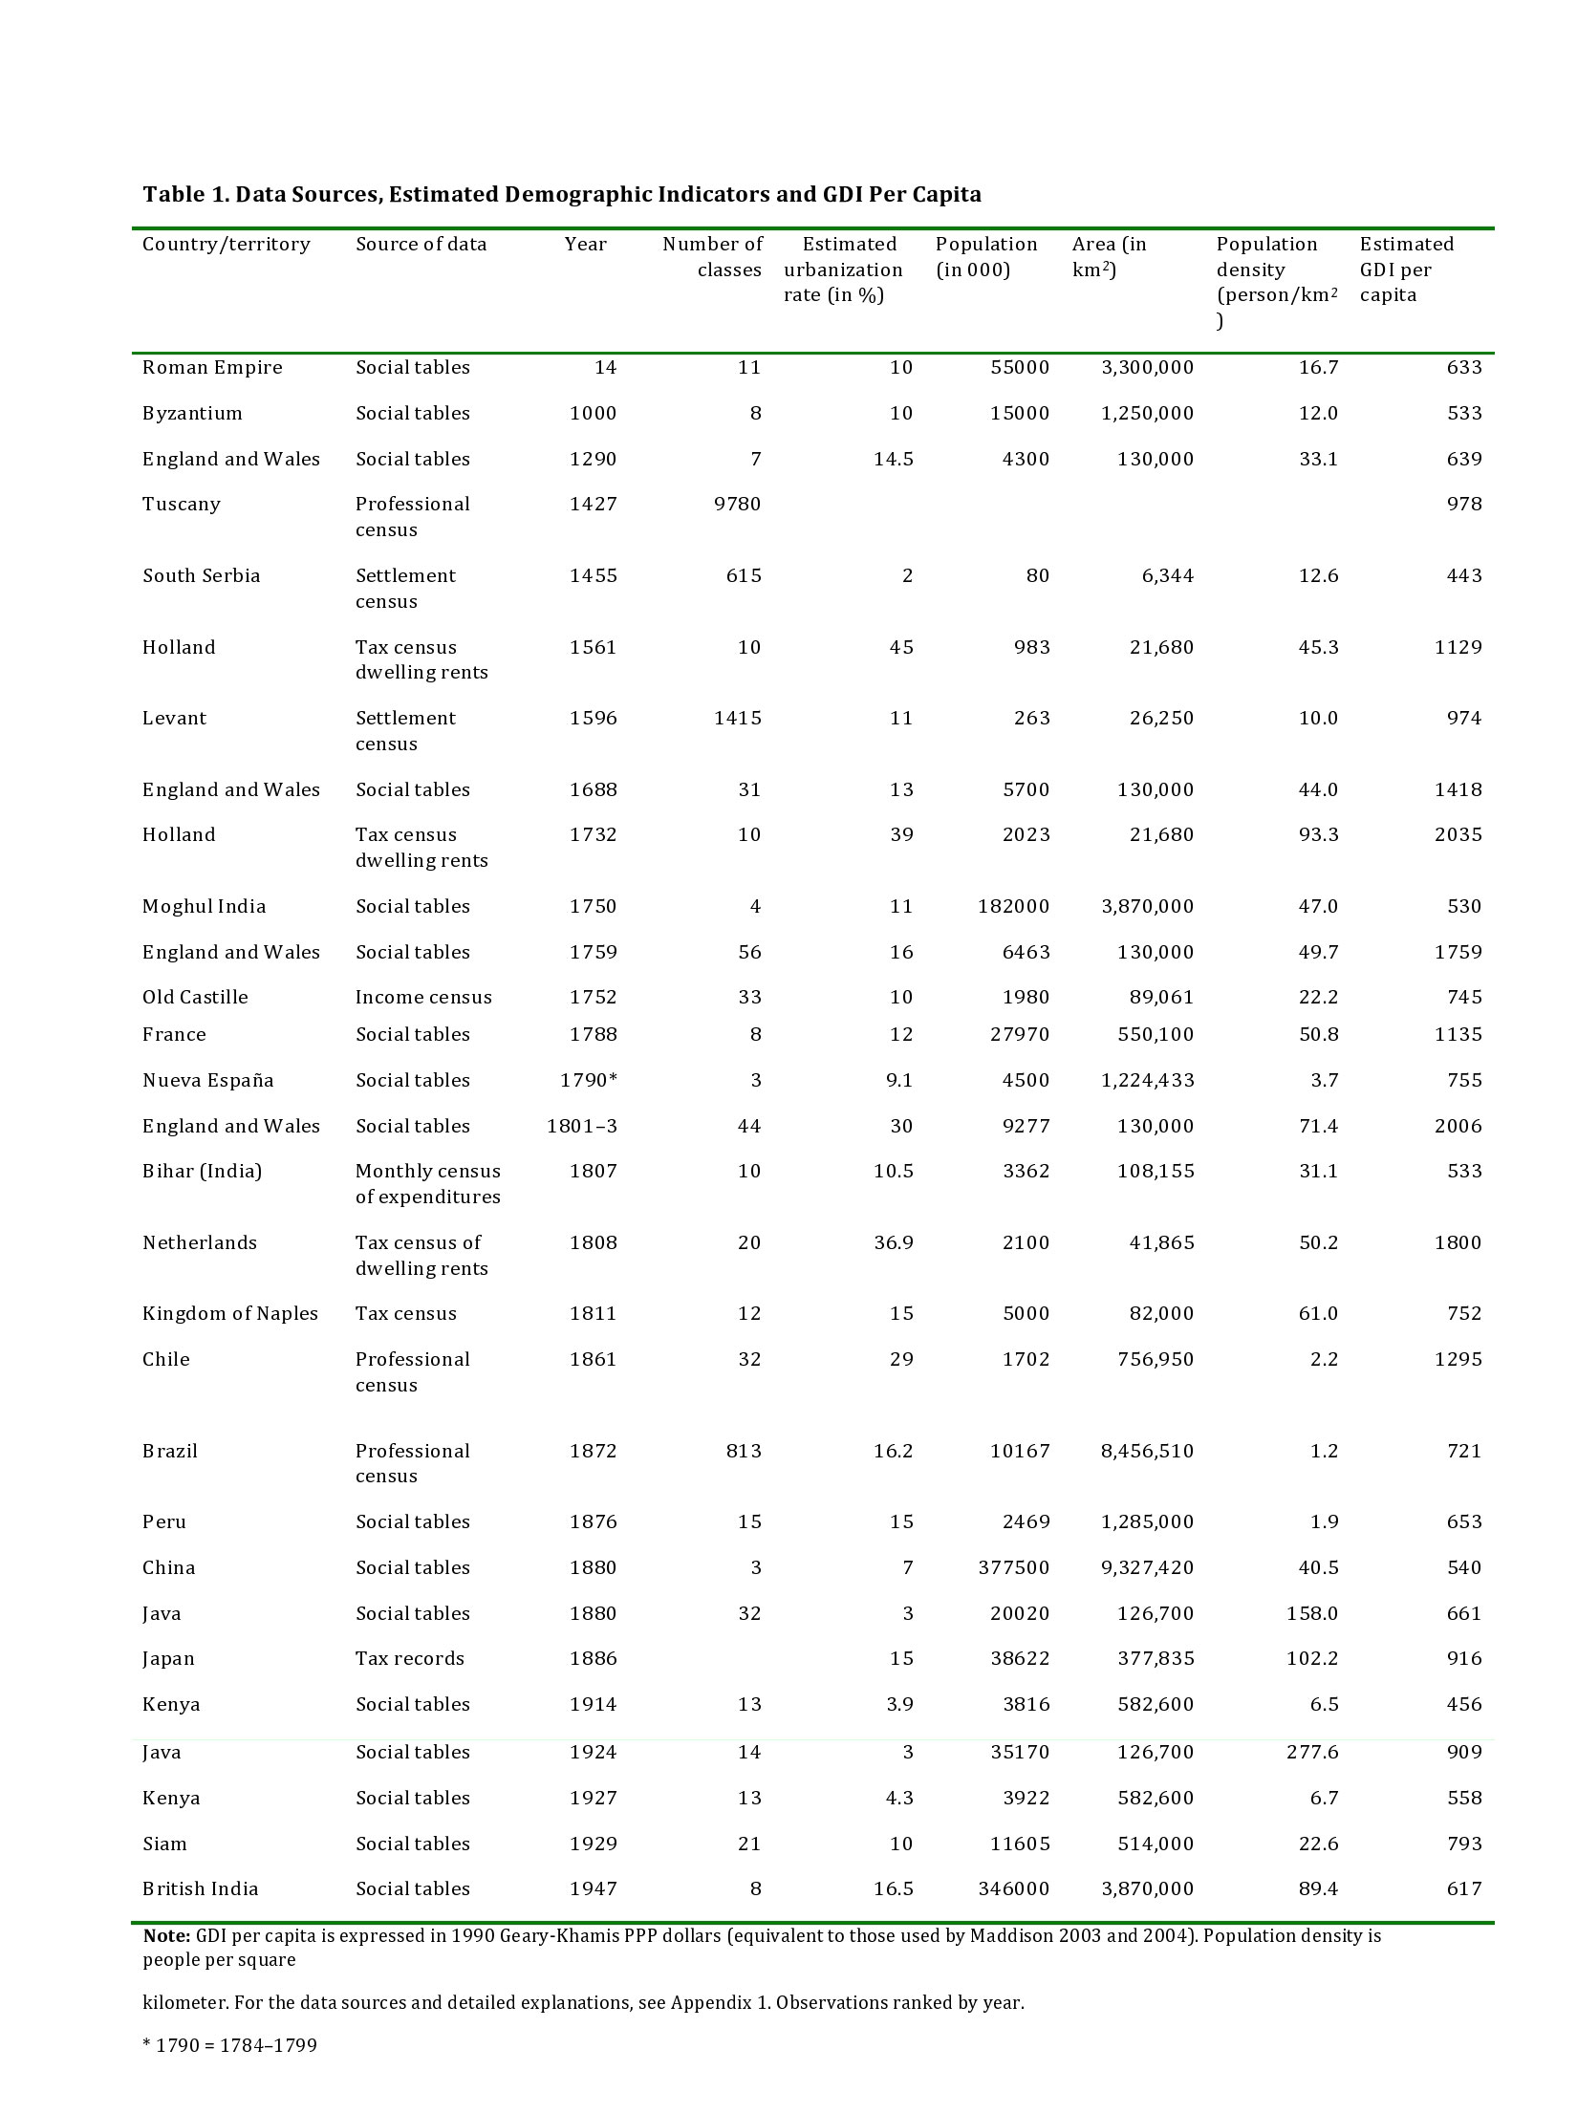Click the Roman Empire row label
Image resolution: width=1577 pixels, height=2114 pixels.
[x=212, y=368]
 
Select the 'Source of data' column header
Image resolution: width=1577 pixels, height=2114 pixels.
[x=421, y=245]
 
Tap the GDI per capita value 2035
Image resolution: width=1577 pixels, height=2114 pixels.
[x=1458, y=835]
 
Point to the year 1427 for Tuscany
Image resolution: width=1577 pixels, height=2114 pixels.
[x=593, y=505]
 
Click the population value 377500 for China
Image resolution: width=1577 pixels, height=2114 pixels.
[x=1013, y=1568]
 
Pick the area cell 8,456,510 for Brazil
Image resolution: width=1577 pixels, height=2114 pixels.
[x=1147, y=1452]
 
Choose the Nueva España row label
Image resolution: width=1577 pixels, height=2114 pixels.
[x=208, y=1081]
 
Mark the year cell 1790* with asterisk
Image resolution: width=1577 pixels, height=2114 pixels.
[x=589, y=1081]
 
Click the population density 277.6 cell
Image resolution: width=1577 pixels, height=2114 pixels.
[x=1312, y=1753]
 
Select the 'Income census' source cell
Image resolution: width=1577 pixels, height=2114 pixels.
[x=423, y=998]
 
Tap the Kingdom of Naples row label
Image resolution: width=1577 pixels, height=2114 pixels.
[x=230, y=1314]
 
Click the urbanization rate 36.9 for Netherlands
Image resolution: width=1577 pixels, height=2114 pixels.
[x=893, y=1243]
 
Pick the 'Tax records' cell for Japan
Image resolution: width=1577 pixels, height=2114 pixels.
[x=409, y=1659]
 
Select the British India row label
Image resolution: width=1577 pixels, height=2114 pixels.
[x=201, y=1889]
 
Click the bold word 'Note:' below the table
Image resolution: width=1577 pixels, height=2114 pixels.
[x=167, y=1936]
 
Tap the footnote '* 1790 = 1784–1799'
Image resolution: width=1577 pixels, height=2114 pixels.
[x=229, y=2045]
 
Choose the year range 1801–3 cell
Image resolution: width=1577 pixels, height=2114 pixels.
[x=582, y=1127]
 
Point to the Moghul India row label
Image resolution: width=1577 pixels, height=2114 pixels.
[x=205, y=907]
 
